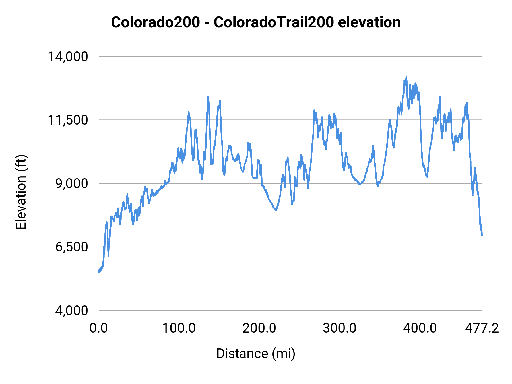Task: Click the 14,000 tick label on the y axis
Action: click(68, 57)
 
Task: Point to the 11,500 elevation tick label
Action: click(68, 120)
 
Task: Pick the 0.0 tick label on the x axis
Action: click(98, 328)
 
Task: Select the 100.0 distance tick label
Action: click(179, 328)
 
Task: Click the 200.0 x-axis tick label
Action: click(259, 328)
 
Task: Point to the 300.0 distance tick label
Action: click(339, 328)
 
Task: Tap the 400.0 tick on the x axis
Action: click(420, 328)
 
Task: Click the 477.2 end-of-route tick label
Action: click(482, 328)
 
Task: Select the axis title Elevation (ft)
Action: click(21, 192)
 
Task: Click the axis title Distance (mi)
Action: click(256, 354)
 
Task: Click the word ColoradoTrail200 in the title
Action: click(273, 22)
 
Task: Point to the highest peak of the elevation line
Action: click(406, 76)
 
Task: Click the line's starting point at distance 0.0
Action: click(99, 272)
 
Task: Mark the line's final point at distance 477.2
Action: click(482, 235)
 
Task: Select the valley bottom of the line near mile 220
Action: click(276, 210)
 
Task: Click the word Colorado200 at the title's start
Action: click(155, 22)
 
